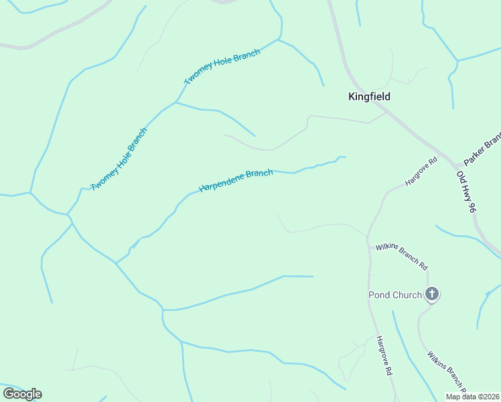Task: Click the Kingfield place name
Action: (x=369, y=96)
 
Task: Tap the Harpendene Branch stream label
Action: (x=236, y=181)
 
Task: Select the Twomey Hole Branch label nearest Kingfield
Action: (x=222, y=67)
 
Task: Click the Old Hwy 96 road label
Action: (x=466, y=192)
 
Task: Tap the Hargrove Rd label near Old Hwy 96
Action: (x=421, y=172)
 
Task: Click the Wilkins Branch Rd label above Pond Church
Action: (x=401, y=257)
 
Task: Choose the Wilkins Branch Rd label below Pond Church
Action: (x=445, y=371)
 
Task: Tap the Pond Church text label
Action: (x=395, y=295)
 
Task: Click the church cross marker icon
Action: (x=432, y=293)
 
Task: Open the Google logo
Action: (x=22, y=394)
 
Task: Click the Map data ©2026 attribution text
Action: (x=472, y=397)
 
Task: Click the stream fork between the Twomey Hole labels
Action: (x=175, y=103)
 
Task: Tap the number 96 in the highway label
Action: (x=472, y=206)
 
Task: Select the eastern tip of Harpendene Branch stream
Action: (x=344, y=157)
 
